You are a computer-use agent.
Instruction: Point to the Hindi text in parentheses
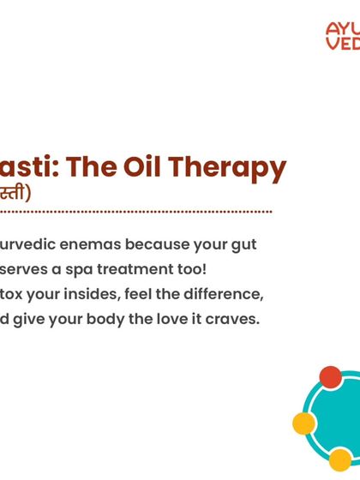(x=15, y=192)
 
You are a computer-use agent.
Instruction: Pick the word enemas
(x=86, y=244)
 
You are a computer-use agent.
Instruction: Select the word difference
(x=220, y=294)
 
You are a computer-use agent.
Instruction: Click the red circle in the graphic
(x=330, y=377)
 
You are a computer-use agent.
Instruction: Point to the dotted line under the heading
(x=137, y=211)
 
